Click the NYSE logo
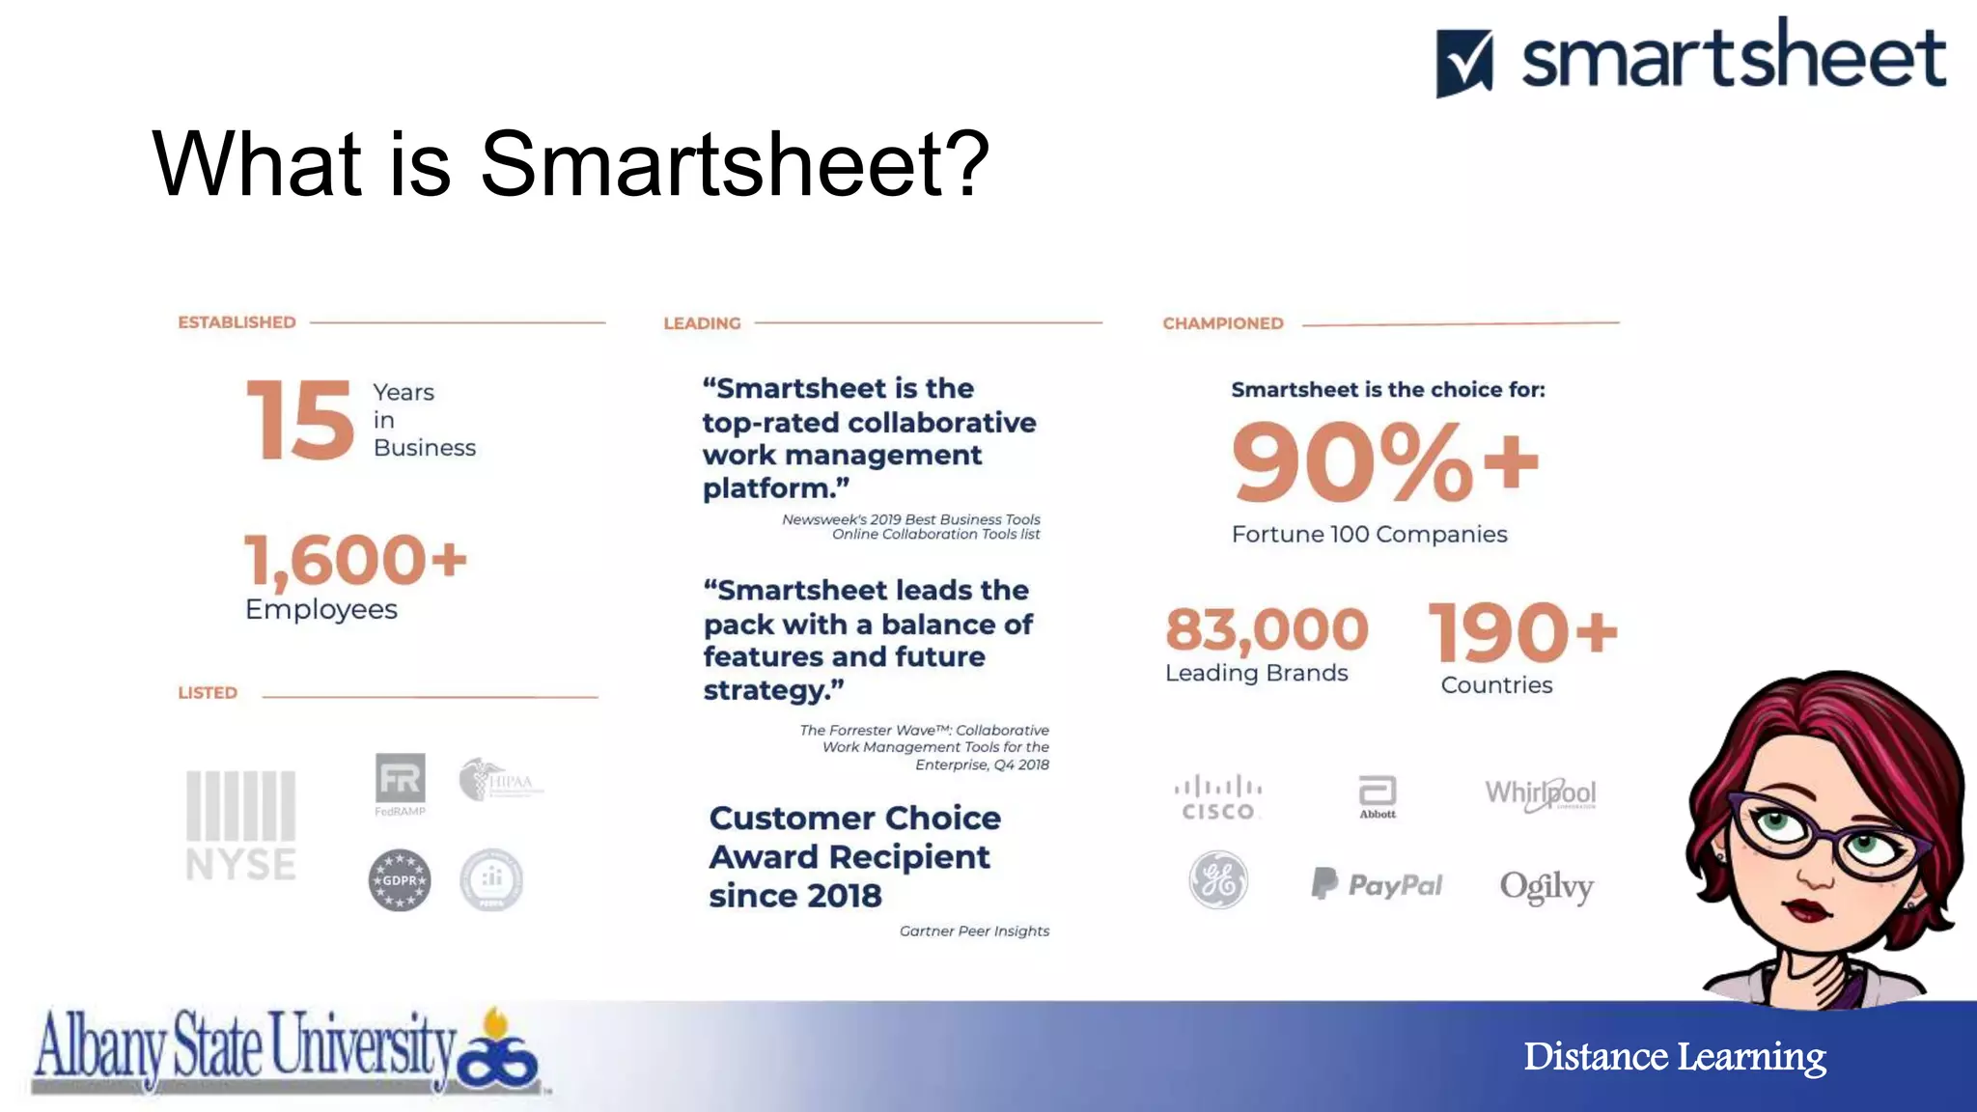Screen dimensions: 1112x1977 coord(240,825)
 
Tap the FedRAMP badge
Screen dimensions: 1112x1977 coord(401,783)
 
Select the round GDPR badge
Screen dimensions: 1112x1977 coord(400,880)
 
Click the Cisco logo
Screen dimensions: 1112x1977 coord(1218,798)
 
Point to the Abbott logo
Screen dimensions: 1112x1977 coord(1378,796)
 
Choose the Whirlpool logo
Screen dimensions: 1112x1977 coord(1541,793)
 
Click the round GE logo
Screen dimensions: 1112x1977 coord(1218,880)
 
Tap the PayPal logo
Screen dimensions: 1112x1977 coord(1377,884)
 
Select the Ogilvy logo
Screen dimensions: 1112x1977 coord(1546,886)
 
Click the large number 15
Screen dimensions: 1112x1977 coord(300,420)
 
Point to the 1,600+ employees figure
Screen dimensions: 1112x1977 coord(355,560)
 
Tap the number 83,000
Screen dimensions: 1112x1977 coord(1267,629)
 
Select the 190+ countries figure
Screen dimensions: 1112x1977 coord(1521,632)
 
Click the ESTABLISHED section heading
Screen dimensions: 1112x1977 coord(237,322)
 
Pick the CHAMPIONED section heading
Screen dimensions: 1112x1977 coord(1223,323)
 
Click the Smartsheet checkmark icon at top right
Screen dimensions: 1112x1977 coord(1464,63)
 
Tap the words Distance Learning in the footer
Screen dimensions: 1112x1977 coord(1675,1056)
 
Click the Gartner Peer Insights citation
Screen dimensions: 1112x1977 coord(974,931)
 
